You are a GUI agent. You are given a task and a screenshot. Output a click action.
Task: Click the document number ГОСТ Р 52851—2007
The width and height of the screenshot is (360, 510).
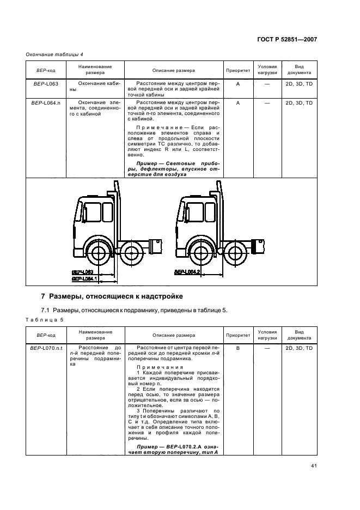click(x=288, y=39)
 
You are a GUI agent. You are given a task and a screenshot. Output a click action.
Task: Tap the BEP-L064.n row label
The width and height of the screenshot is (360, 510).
click(x=46, y=102)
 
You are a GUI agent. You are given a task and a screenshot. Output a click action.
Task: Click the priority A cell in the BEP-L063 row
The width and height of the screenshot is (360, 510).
click(x=238, y=84)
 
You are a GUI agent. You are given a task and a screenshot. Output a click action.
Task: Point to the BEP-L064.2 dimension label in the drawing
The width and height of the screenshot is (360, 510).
click(x=187, y=271)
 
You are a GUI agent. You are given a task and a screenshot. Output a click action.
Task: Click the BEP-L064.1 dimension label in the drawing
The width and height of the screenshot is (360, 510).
click(x=84, y=278)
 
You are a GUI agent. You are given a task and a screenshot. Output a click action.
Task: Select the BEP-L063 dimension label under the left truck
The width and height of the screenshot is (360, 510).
click(x=83, y=271)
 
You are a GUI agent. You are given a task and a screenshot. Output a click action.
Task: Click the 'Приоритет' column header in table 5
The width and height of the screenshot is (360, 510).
click(x=238, y=335)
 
